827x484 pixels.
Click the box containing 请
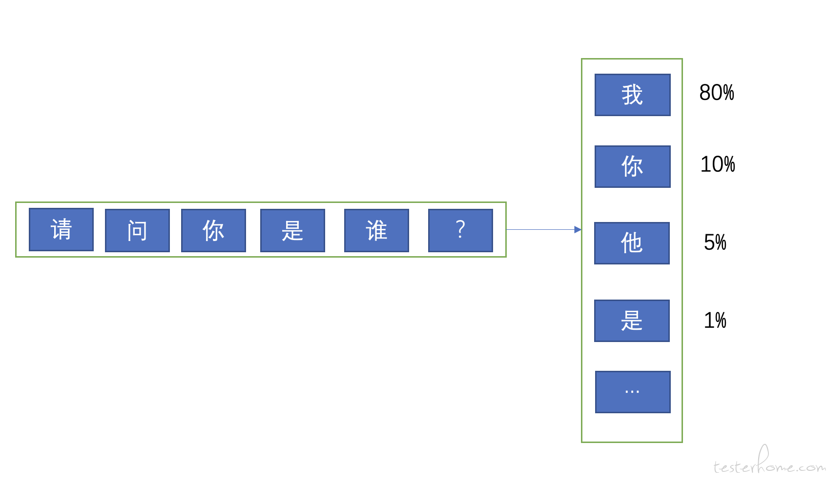tap(62, 229)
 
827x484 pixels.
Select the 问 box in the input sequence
tap(137, 231)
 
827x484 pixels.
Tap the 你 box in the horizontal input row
tap(213, 231)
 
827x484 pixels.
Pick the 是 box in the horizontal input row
tap(293, 231)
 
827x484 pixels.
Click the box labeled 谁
tap(376, 231)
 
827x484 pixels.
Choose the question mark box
tap(460, 231)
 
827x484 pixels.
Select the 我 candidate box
tap(632, 95)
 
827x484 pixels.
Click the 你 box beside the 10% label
tap(632, 166)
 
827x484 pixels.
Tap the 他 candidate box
tap(632, 243)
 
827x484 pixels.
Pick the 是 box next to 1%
tap(632, 321)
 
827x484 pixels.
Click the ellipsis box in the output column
tap(633, 392)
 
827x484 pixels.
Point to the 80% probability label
tap(717, 92)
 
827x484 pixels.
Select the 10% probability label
tap(718, 164)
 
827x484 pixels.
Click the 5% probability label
tap(715, 242)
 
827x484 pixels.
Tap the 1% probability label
tap(715, 320)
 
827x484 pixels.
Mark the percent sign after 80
tap(728, 92)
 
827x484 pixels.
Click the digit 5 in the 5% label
tap(709, 242)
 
